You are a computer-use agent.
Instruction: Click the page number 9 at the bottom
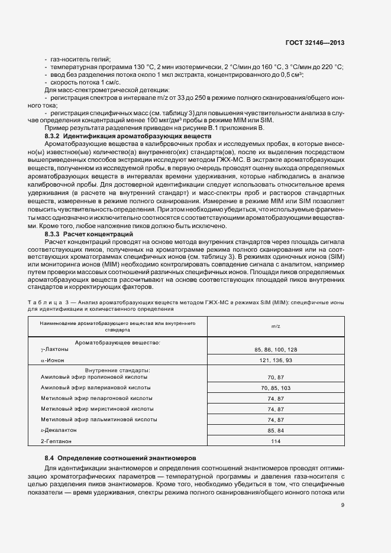tap(343, 504)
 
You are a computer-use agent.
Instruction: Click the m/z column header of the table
tap(275, 326)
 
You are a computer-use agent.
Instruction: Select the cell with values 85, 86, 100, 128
tap(275, 349)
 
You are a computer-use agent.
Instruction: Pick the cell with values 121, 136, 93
tap(275, 360)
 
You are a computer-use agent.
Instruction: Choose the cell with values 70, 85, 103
tap(275, 388)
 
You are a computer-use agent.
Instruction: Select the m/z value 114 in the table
tap(275, 441)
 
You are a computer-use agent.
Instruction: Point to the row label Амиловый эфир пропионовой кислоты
tap(94, 377)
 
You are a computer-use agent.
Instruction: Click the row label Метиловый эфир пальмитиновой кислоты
tap(99, 419)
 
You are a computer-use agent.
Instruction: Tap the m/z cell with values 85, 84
tap(275, 430)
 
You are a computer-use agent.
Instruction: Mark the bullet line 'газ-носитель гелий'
tap(81, 59)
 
